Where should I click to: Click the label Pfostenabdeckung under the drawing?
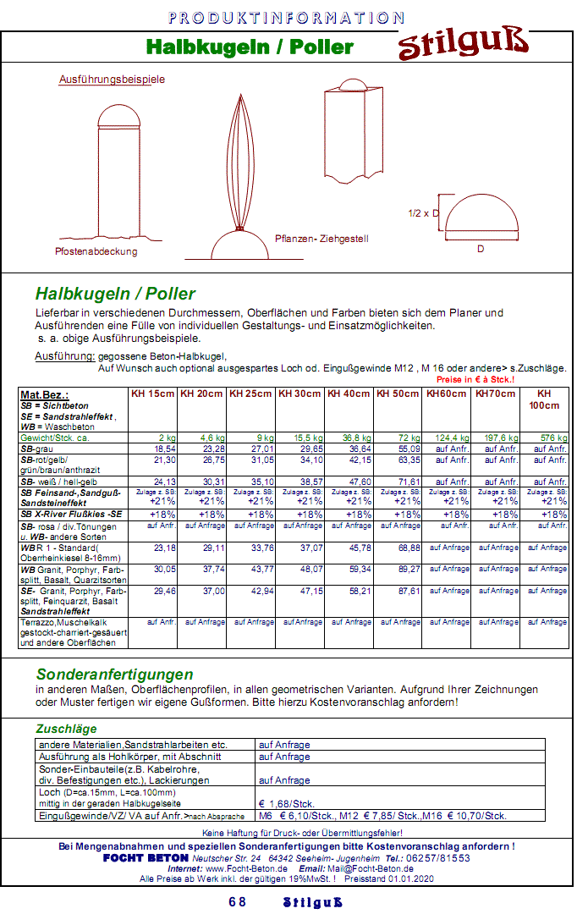pos(96,251)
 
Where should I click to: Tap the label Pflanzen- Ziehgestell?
pos(321,239)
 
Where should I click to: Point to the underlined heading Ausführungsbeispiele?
pos(112,80)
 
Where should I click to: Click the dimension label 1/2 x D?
pos(424,213)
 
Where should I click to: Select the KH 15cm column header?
pos(153,394)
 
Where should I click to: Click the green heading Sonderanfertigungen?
pos(114,674)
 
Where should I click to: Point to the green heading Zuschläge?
pos(66,729)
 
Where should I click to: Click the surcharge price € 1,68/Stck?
pos(287,803)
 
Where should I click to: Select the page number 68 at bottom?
pos(238,902)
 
